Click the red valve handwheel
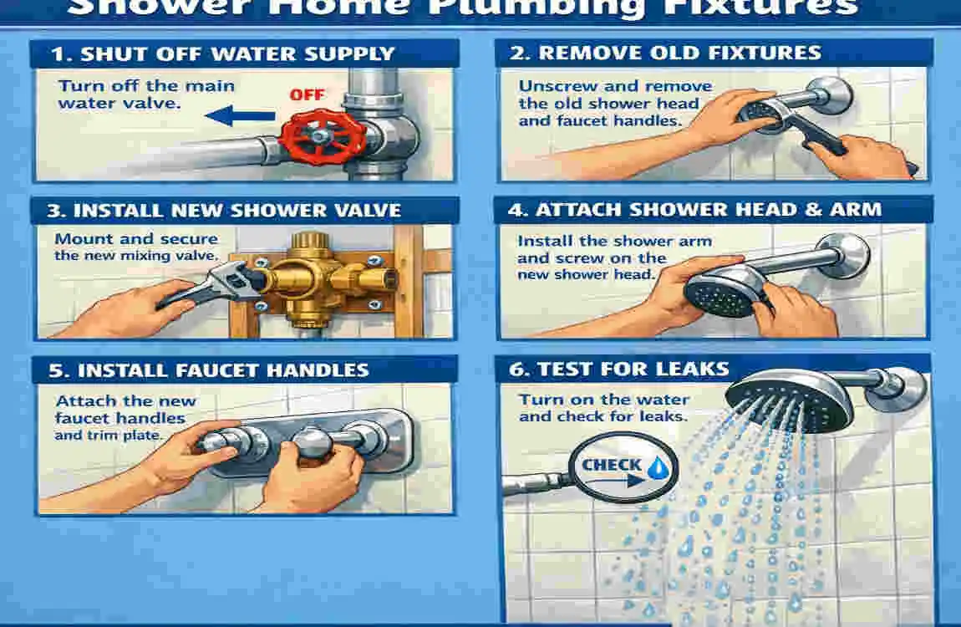[x=316, y=136]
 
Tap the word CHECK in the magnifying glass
[x=613, y=465]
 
